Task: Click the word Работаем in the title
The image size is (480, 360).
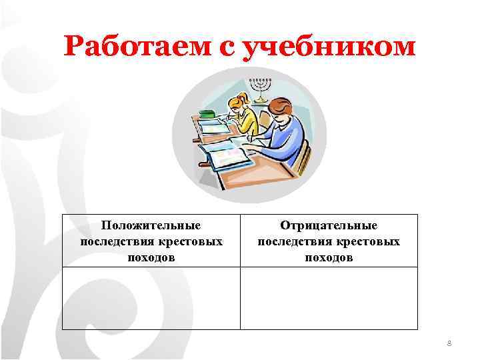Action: [136, 46]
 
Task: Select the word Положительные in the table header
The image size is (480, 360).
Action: [151, 226]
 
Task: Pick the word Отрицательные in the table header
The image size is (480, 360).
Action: [329, 226]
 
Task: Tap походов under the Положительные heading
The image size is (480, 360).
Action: [151, 257]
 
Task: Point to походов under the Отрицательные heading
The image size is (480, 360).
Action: [329, 257]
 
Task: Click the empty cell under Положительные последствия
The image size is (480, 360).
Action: [151, 298]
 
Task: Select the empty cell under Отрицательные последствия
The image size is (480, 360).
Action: [329, 298]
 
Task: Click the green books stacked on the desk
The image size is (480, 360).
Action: [207, 115]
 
